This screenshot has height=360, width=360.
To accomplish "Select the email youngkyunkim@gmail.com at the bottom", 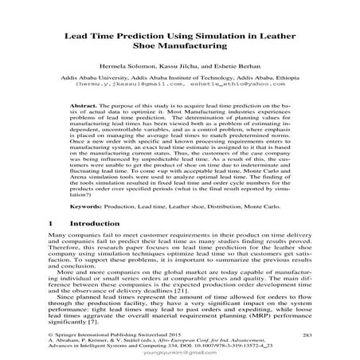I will coord(179,355).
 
